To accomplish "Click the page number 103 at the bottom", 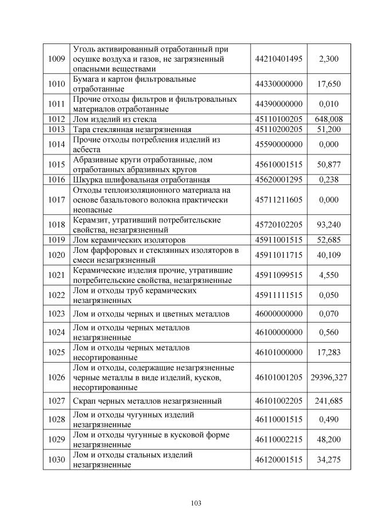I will tap(196, 503).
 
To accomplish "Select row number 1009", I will tap(57, 59).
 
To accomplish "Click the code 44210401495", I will tap(279, 59).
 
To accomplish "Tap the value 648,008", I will tap(328, 119).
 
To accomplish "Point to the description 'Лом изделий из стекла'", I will tap(112, 119).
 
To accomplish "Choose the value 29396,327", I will tap(328, 378).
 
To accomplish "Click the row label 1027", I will tap(57, 401).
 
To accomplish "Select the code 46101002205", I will tap(279, 401).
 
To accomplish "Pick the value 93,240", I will tap(328, 224).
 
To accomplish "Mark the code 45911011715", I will tap(279, 255).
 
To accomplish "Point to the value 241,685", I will tap(328, 401).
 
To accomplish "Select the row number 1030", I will tap(57, 460).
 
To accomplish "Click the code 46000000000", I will tap(279, 314).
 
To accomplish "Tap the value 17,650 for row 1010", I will tap(328, 84).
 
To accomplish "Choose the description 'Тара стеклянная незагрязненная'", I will tap(132, 129).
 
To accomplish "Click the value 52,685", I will tap(328, 240).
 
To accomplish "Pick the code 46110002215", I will tap(279, 440).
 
